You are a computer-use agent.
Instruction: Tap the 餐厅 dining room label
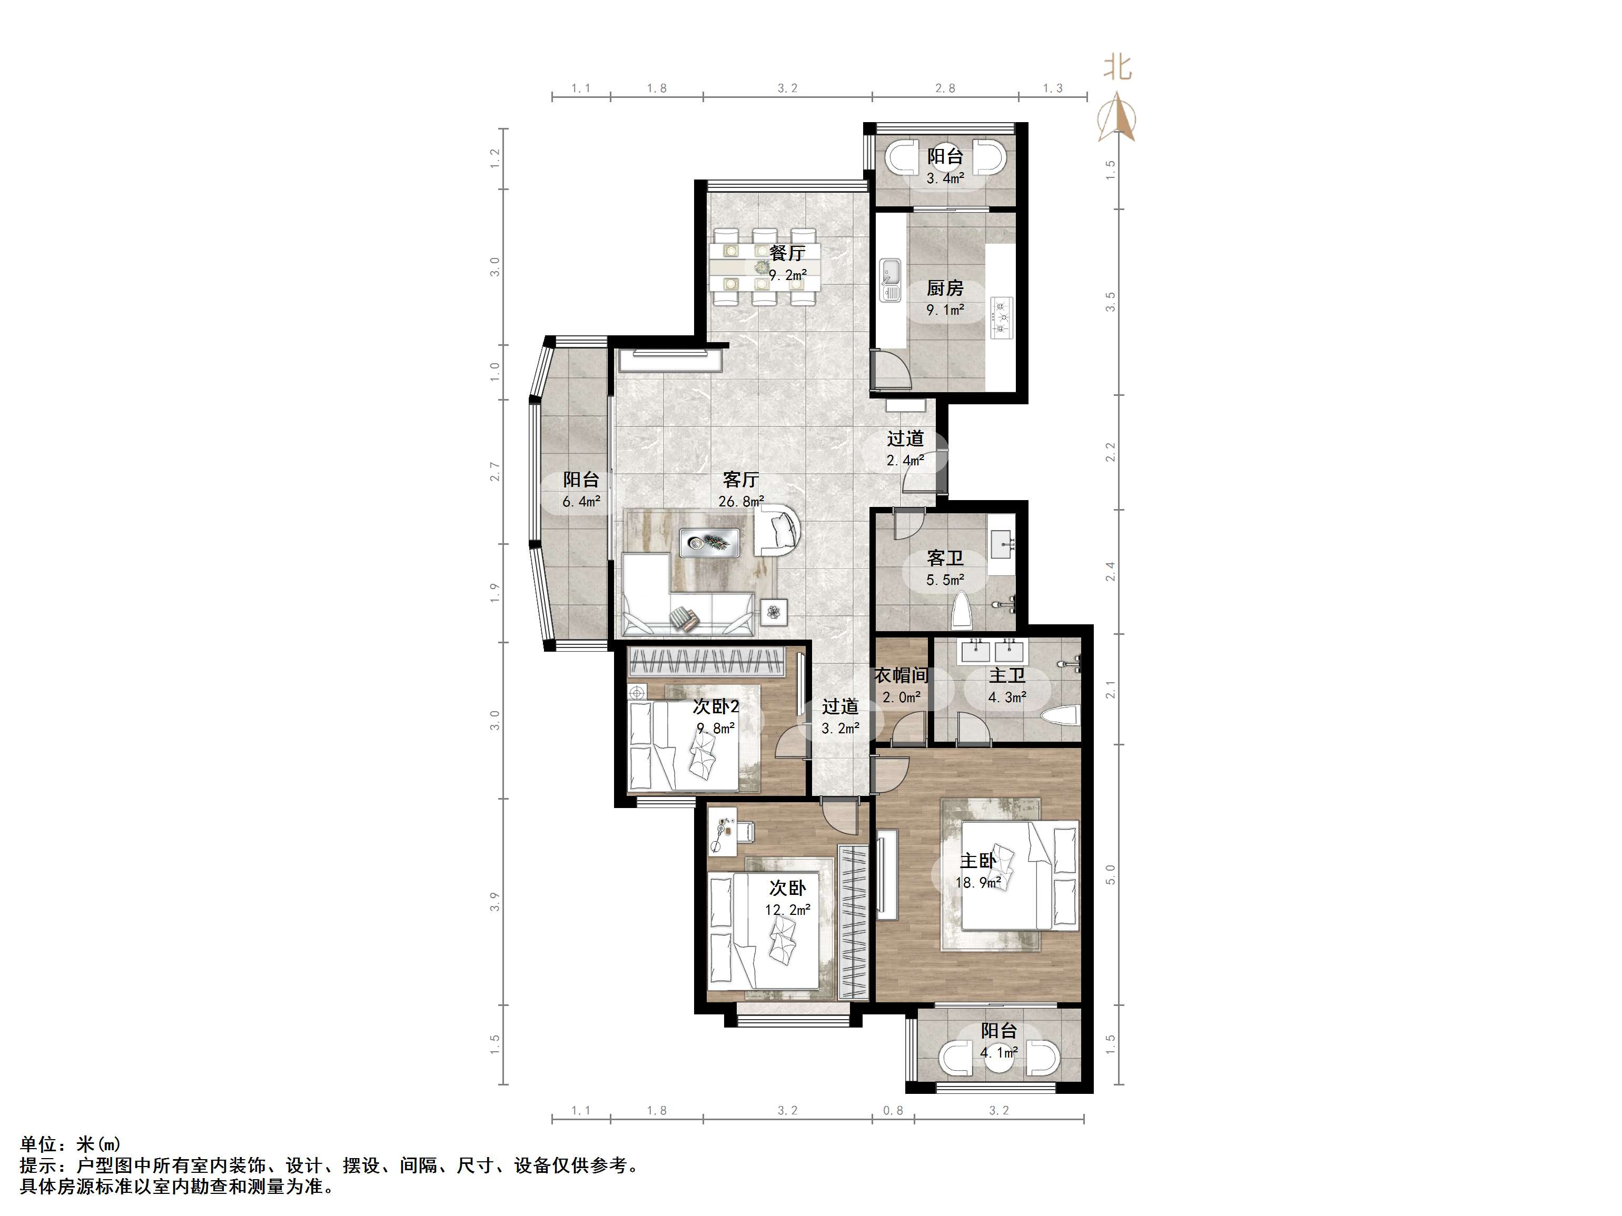[x=787, y=253]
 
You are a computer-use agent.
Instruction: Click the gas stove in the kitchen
[x=1002, y=317]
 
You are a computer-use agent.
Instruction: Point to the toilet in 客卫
[x=961, y=611]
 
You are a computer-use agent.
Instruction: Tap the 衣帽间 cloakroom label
[x=901, y=675]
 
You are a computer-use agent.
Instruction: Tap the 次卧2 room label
[x=716, y=706]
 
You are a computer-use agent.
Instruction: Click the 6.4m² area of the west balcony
[x=581, y=502]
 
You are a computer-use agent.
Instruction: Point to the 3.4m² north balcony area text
[x=945, y=178]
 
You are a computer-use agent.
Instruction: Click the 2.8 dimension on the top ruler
[x=945, y=88]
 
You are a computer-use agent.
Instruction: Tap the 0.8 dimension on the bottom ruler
[x=893, y=1110]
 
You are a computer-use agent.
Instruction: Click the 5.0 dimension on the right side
[x=1110, y=874]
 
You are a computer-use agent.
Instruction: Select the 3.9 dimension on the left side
[x=496, y=902]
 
